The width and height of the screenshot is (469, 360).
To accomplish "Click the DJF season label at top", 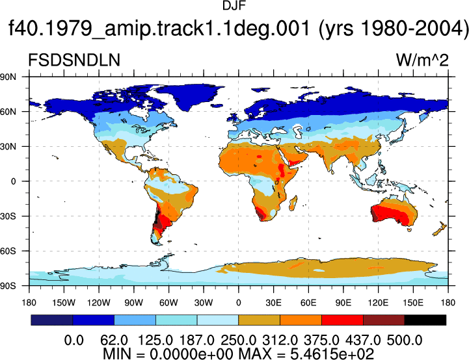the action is (x=234, y=5).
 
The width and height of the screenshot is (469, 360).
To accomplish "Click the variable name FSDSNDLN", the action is (x=74, y=60).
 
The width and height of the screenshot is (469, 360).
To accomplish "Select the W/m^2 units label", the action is (x=422, y=60).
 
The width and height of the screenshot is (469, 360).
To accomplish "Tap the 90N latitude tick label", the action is (x=8, y=77).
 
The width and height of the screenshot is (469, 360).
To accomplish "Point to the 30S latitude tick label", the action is (x=8, y=216).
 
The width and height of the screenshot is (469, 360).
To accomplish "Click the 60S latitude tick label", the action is (x=8, y=251).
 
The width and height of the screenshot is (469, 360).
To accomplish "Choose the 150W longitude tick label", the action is (x=64, y=303).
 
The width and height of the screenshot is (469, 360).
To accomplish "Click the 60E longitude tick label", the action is (x=308, y=303).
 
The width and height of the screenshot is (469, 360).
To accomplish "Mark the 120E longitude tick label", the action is (x=378, y=303).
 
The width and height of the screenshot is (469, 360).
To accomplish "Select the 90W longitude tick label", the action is (x=134, y=303).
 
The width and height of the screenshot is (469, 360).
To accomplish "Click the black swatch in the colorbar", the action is (x=425, y=320).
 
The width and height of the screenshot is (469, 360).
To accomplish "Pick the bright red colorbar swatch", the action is (x=342, y=320).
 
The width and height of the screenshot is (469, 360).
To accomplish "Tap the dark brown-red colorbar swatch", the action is (x=384, y=320).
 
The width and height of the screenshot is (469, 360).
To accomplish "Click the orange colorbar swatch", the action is (x=301, y=320).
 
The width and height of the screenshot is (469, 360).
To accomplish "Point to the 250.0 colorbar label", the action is (x=238, y=341).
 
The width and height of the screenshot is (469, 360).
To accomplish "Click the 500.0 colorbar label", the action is (x=405, y=341).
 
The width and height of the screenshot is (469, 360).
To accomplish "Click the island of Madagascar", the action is (x=293, y=203).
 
